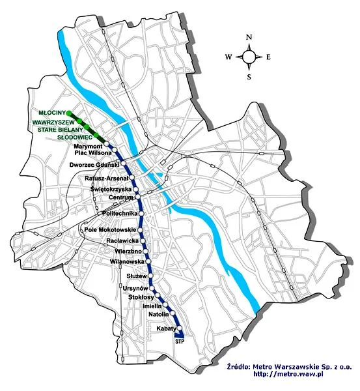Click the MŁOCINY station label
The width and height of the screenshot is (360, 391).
coord(52,113)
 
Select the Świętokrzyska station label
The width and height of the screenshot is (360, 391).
coord(111,189)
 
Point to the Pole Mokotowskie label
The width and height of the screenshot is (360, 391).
coord(109,230)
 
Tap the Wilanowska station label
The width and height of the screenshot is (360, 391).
coord(128,261)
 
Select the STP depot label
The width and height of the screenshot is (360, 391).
coord(180,341)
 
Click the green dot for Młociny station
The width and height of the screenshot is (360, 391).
coord(70,114)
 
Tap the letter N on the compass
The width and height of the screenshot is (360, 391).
coord(249,38)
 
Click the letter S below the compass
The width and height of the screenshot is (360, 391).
coord(249,76)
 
